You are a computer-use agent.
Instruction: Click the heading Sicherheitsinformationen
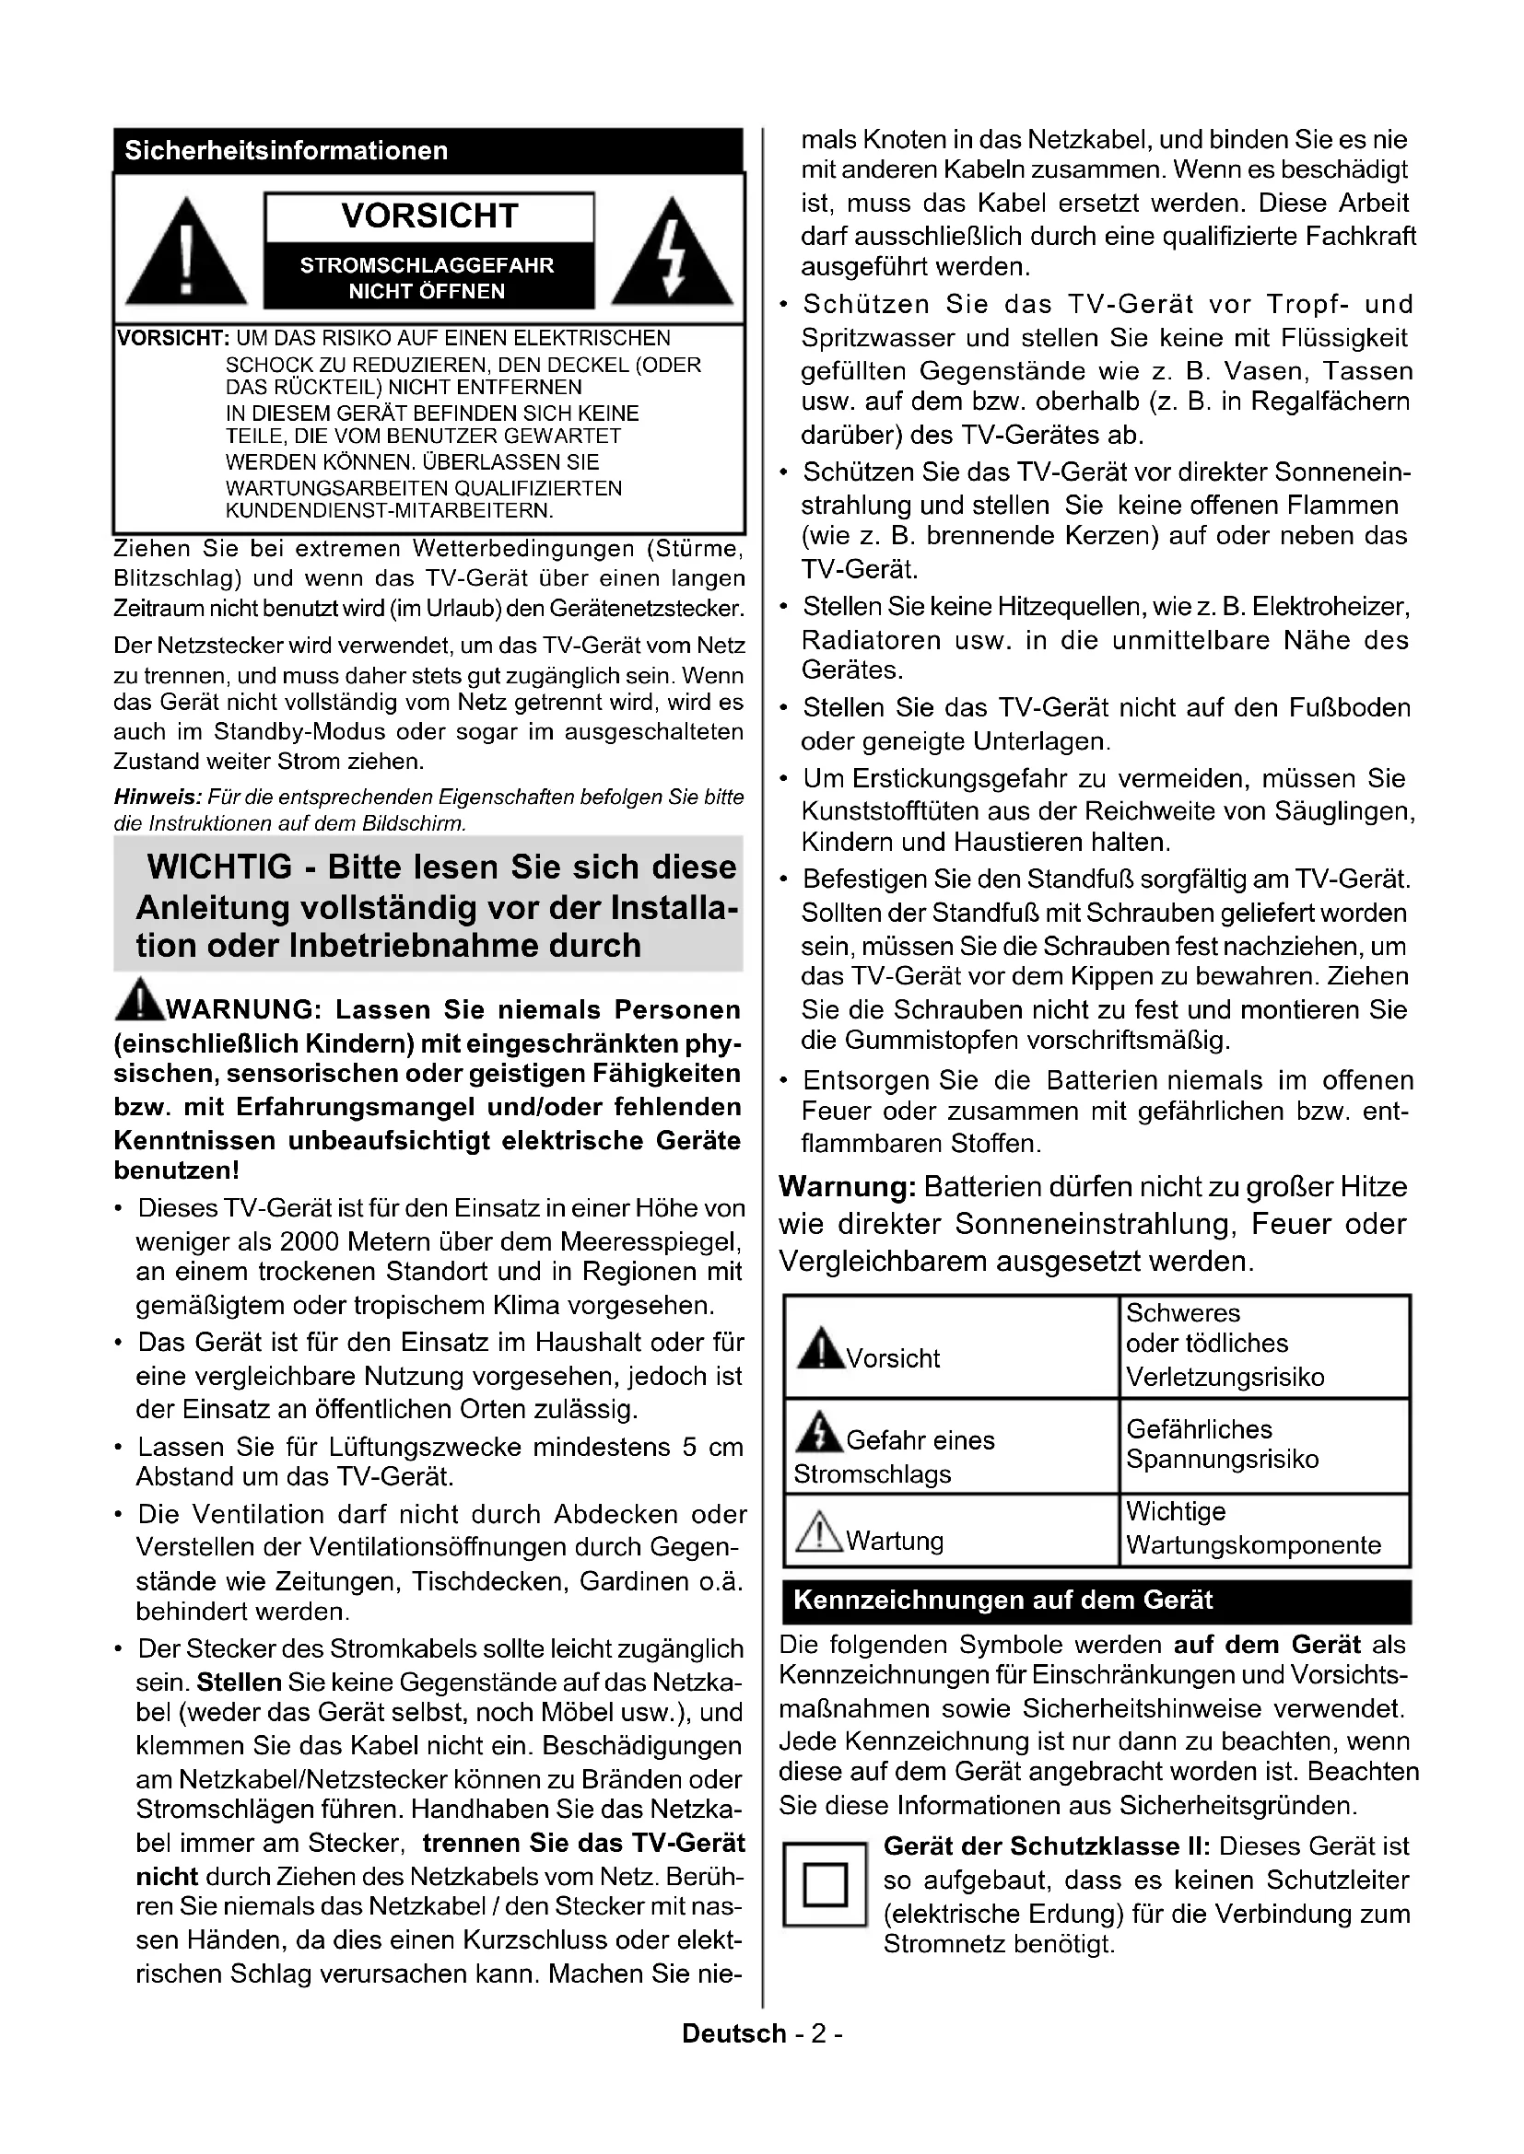coord(287,151)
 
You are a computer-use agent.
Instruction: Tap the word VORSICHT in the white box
coord(429,215)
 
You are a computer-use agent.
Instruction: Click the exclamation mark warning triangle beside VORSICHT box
coord(186,253)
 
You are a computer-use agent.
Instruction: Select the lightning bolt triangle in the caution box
coord(672,253)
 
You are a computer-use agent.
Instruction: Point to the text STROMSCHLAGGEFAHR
coord(427,265)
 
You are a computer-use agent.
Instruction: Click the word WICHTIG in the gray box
coord(219,867)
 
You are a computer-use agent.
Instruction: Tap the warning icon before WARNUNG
coord(139,1000)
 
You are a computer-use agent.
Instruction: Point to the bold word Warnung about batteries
coord(847,1187)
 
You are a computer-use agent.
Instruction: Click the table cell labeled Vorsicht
coord(951,1347)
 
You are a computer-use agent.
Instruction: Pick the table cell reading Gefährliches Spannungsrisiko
coord(1264,1445)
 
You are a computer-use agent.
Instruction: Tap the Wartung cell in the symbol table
coord(951,1531)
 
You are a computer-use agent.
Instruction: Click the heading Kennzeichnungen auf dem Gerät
coord(1003,1601)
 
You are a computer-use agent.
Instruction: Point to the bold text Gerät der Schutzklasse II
coord(1047,1846)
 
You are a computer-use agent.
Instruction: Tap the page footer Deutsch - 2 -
coord(762,2034)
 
